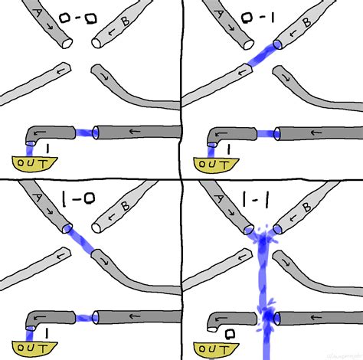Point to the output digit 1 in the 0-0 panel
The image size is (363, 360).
pyautogui.click(x=47, y=146)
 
